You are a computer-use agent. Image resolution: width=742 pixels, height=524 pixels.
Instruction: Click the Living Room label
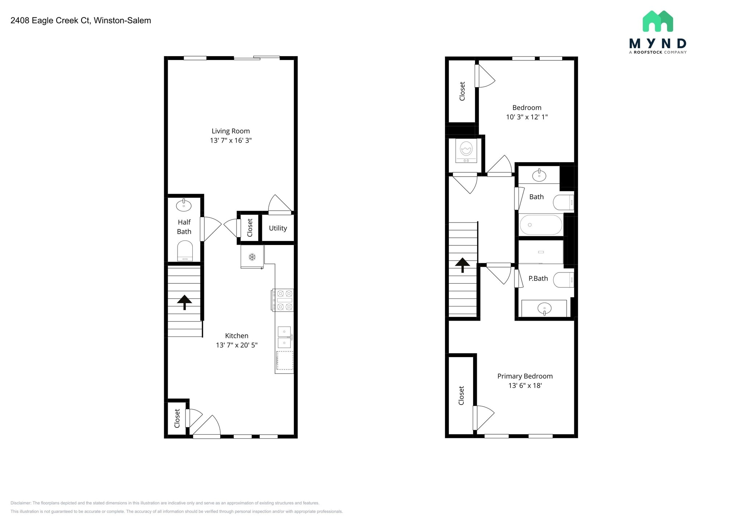pyautogui.click(x=230, y=131)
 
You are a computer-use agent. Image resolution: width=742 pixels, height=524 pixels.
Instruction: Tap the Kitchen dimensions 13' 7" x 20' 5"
pyautogui.click(x=237, y=345)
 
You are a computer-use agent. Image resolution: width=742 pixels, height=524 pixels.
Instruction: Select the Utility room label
pyautogui.click(x=278, y=228)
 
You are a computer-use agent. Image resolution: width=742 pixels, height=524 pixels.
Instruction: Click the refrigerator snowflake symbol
pyautogui.click(x=252, y=257)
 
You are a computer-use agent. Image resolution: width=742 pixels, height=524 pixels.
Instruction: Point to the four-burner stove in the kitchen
pyautogui.click(x=283, y=300)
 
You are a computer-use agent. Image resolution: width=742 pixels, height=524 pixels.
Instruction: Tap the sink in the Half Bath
pyautogui.click(x=184, y=206)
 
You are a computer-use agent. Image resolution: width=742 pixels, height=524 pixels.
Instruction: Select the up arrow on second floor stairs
pyautogui.click(x=463, y=265)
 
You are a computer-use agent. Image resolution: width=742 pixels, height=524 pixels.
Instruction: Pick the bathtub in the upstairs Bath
pyautogui.click(x=541, y=225)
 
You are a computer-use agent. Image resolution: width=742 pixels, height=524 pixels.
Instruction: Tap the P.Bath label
pyautogui.click(x=538, y=279)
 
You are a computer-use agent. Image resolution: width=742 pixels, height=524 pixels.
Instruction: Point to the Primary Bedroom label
pyautogui.click(x=525, y=376)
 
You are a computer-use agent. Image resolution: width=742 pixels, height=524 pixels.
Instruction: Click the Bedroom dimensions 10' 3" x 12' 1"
pyautogui.click(x=527, y=117)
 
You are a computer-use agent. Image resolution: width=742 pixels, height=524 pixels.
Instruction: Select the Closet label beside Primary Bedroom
pyautogui.click(x=461, y=396)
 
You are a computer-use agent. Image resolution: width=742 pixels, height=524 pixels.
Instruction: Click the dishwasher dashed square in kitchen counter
pyautogui.click(x=285, y=360)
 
